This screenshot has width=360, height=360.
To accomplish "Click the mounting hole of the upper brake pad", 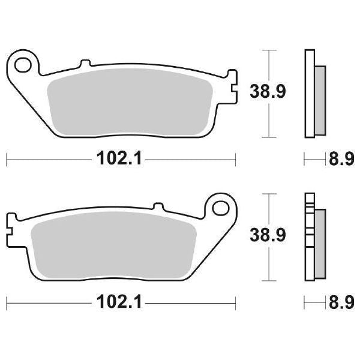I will pyautogui.click(x=24, y=62).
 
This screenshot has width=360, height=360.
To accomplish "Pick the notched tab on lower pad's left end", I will pyautogui.click(x=10, y=229).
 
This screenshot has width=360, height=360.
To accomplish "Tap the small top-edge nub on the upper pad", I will pyautogui.click(x=85, y=62).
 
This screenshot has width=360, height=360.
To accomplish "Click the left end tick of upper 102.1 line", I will pyautogui.click(x=6, y=160).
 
